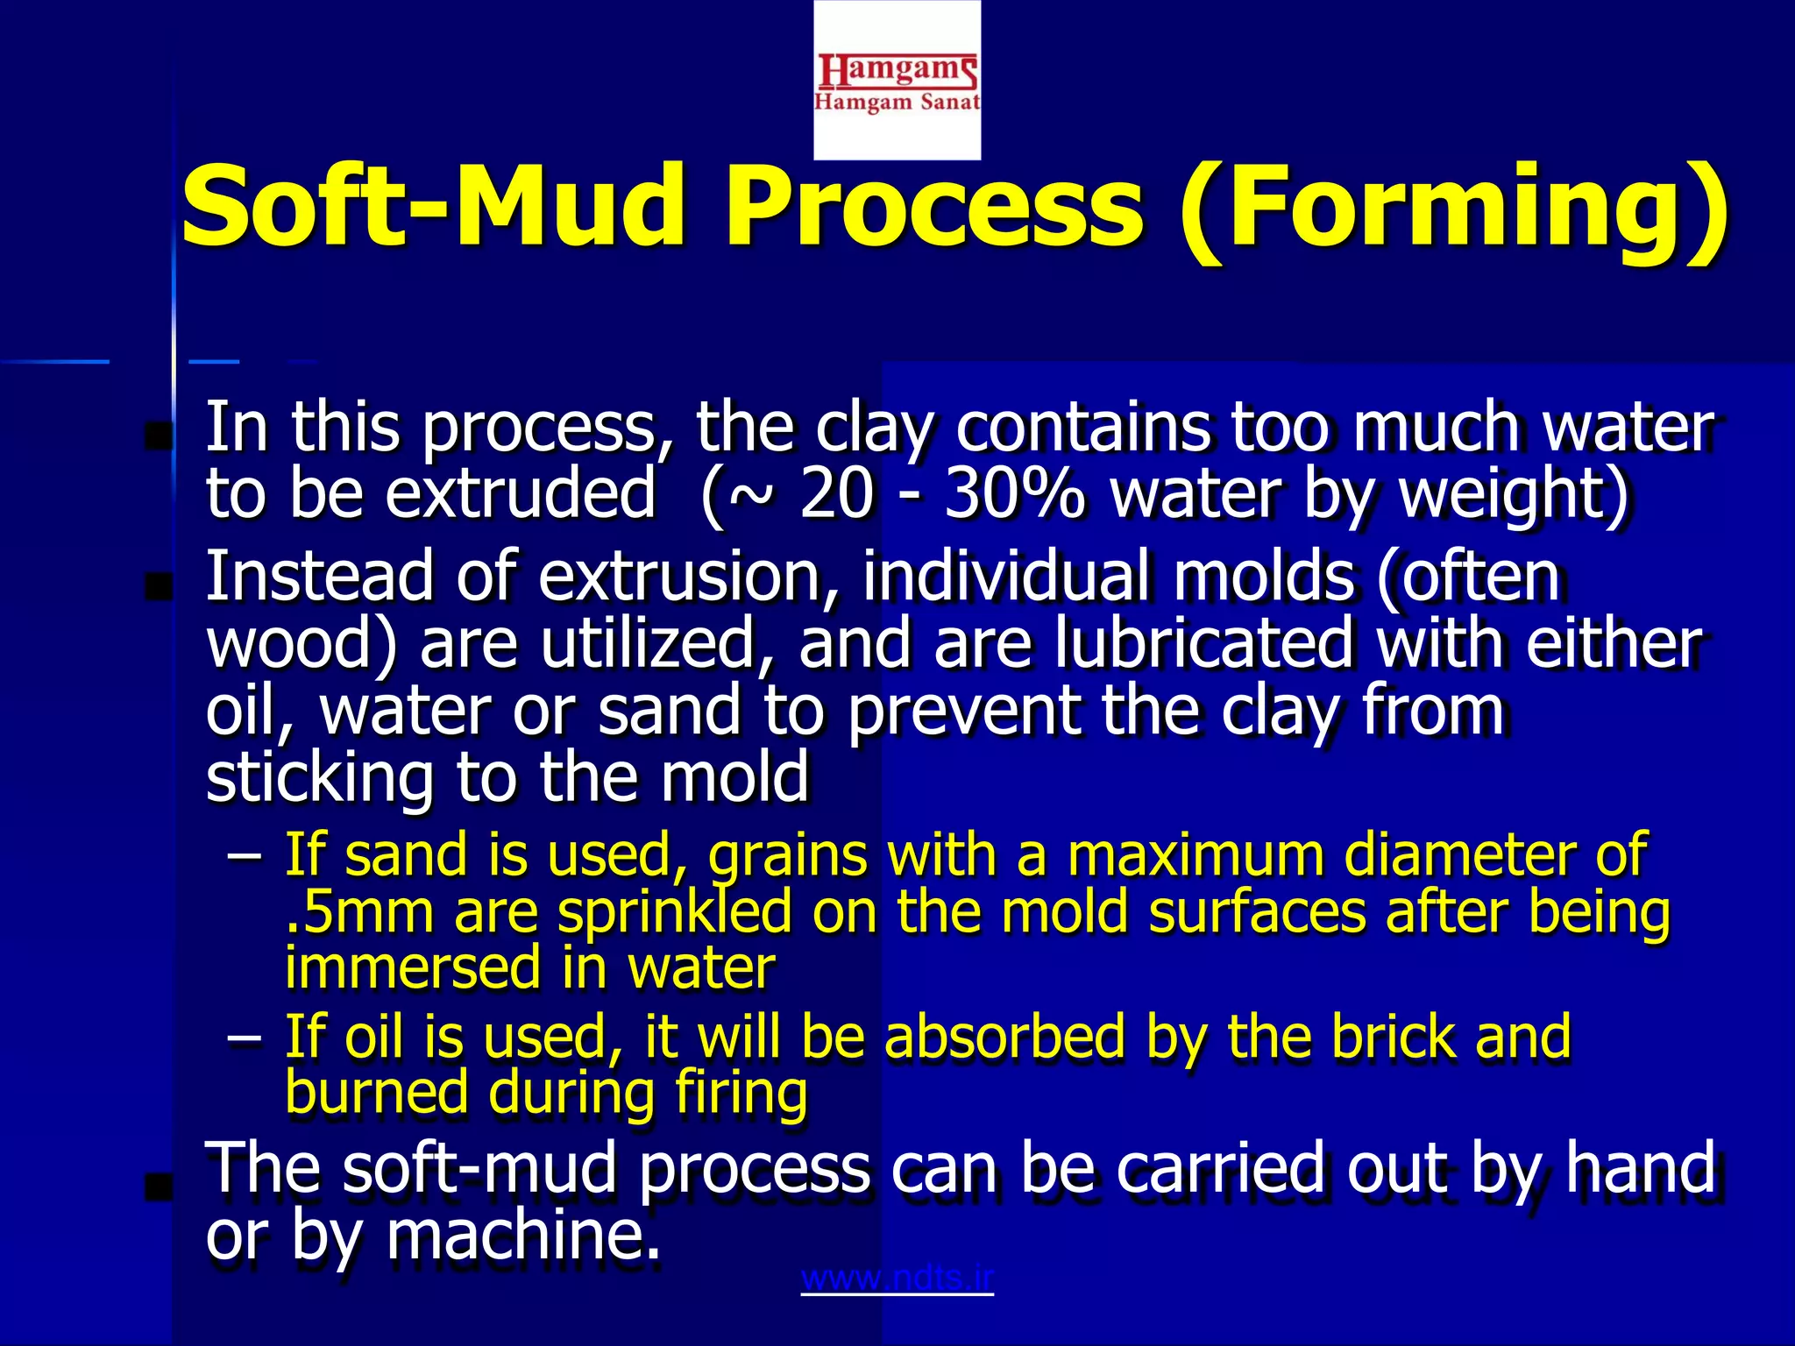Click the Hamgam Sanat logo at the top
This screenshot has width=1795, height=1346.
coord(897,81)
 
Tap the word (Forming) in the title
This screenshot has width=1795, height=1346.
coord(1455,208)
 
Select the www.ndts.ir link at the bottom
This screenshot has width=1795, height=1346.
coord(897,1279)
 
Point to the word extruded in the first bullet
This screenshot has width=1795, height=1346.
coord(521,493)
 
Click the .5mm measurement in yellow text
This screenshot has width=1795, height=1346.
coord(360,913)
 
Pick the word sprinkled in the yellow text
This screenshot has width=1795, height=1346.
coord(675,913)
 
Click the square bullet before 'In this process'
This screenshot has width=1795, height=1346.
coord(159,436)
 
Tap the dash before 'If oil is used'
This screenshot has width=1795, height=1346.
coord(244,1038)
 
